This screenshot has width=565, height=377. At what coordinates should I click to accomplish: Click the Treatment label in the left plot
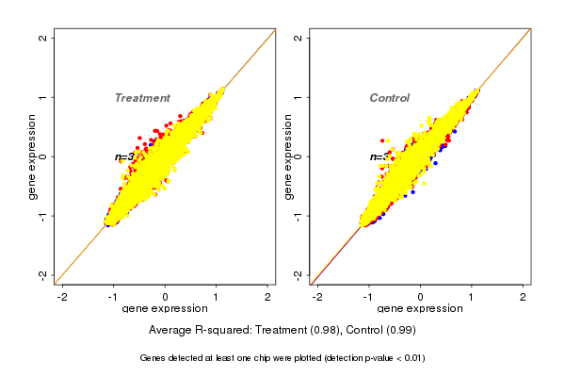(x=142, y=98)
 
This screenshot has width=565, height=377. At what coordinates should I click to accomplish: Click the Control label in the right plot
(x=390, y=98)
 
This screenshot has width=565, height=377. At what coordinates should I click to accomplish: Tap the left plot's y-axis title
(x=33, y=156)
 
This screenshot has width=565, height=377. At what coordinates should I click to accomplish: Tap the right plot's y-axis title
(x=288, y=156)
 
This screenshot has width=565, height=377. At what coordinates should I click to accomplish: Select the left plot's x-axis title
(x=166, y=309)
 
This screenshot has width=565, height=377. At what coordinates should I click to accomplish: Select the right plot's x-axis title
(x=421, y=309)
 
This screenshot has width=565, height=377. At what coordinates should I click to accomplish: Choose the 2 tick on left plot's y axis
(x=43, y=38)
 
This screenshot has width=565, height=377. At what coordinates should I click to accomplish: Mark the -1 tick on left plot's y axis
(x=43, y=215)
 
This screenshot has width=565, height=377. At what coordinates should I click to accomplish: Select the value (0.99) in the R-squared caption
(x=399, y=331)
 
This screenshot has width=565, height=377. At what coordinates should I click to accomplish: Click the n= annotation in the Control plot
(x=377, y=157)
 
